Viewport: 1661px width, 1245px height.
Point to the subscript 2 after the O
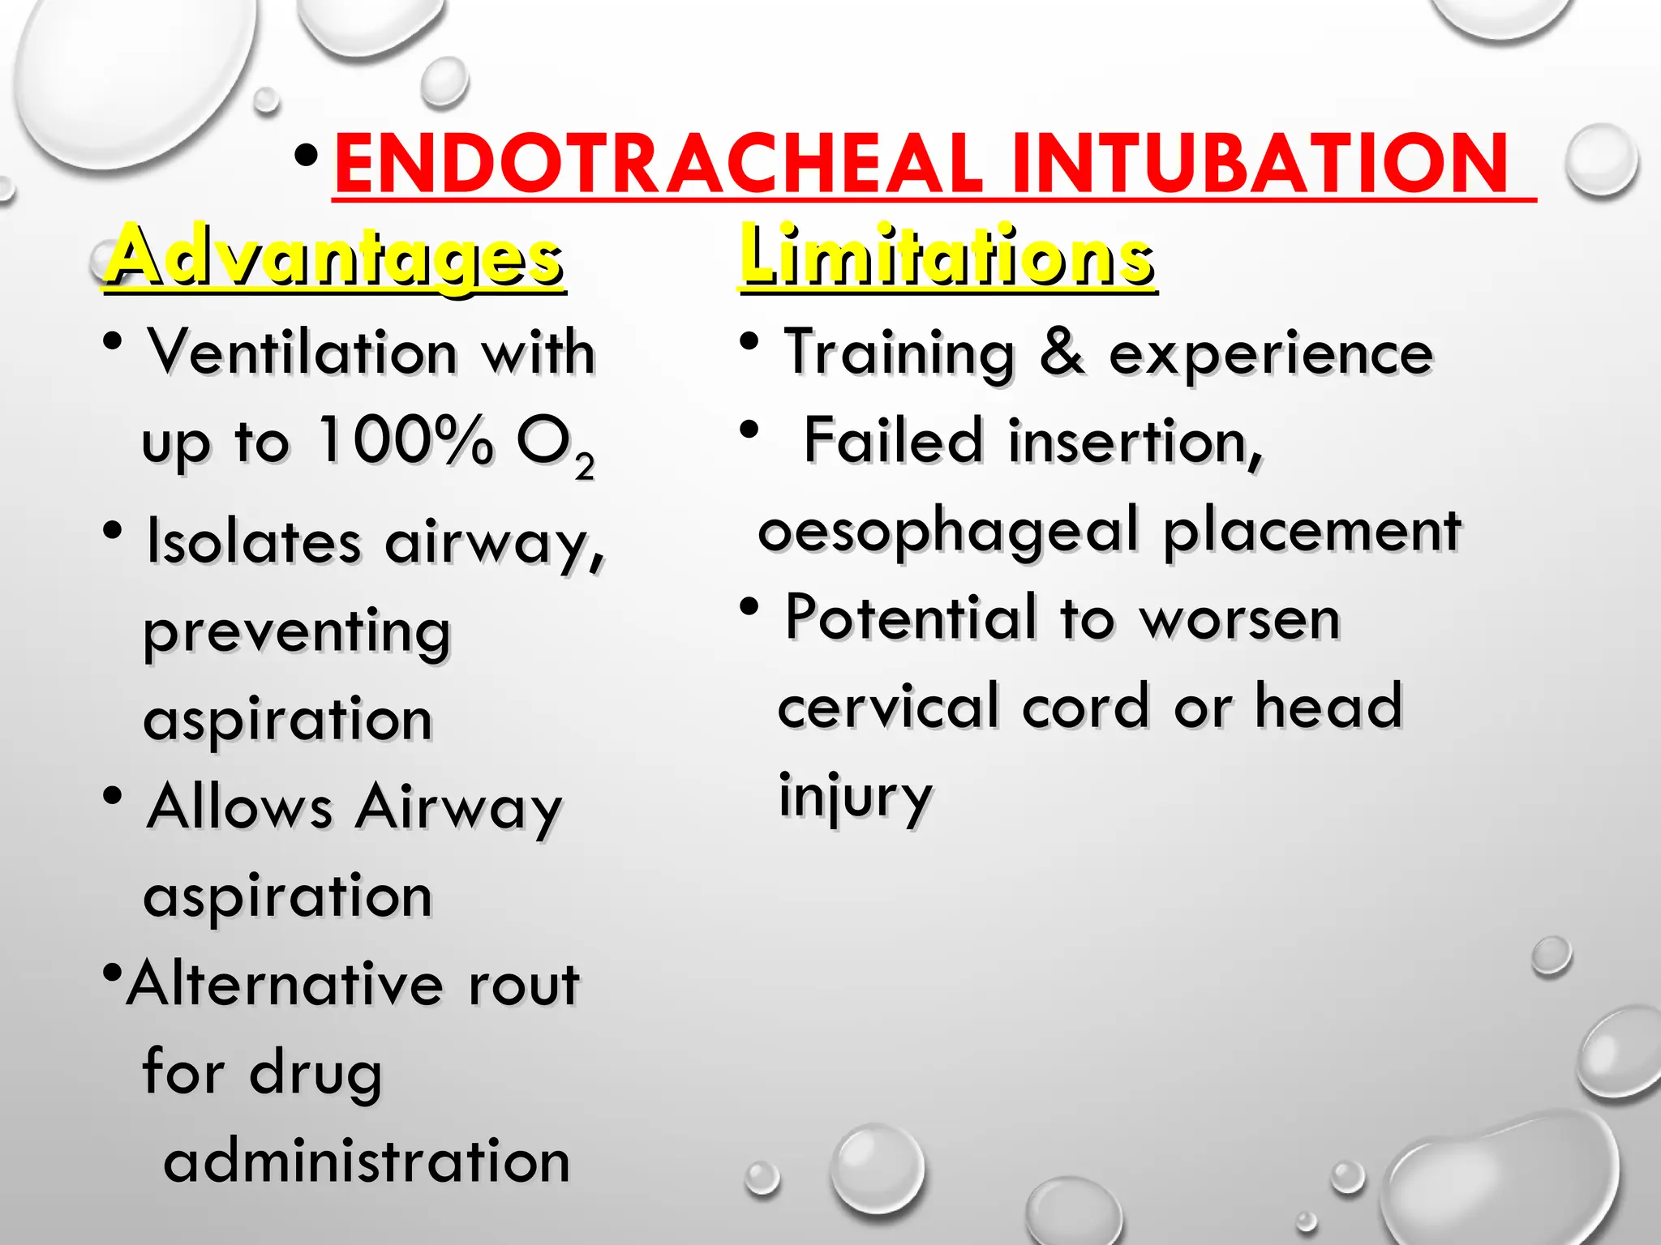[x=584, y=468]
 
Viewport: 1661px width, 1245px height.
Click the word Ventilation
[x=302, y=353]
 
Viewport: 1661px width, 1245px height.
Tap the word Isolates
[x=253, y=541]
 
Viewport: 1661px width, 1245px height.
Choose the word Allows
[x=239, y=807]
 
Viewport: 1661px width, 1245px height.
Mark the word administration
[x=367, y=1162]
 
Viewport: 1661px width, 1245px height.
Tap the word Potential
[x=911, y=618]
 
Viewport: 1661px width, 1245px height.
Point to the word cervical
[x=888, y=706]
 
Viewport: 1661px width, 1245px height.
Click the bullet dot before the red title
[x=306, y=156]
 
